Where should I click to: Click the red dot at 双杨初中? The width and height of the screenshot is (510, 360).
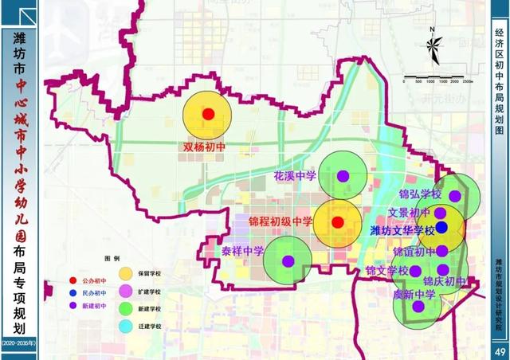(x=208, y=114)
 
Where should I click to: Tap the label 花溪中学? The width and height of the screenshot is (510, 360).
(x=295, y=174)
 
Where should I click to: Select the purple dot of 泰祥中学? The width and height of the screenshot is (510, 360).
(x=288, y=260)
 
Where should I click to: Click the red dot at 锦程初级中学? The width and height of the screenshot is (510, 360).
(x=337, y=221)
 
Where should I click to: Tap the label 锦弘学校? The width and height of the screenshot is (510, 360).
(x=420, y=194)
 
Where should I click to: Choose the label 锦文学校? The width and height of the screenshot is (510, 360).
(x=386, y=272)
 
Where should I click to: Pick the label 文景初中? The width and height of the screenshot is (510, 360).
(x=409, y=213)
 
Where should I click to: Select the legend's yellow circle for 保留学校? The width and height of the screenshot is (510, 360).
(x=126, y=274)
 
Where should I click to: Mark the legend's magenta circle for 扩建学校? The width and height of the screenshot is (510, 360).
(x=126, y=291)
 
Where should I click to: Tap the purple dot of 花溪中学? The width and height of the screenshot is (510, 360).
(x=343, y=175)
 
